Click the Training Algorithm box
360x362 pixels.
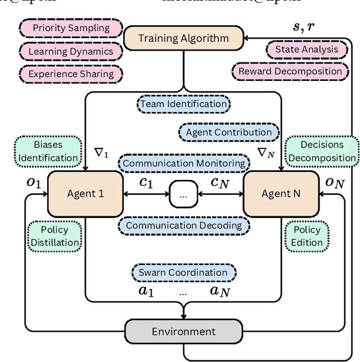(x=183, y=39)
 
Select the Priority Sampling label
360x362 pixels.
(x=70, y=28)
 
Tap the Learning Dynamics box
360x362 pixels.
(x=70, y=51)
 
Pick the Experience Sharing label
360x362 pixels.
(x=70, y=74)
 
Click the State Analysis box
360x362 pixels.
(x=307, y=49)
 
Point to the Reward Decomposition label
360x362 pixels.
(x=290, y=71)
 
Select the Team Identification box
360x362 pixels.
(x=183, y=104)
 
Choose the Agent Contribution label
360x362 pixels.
(x=228, y=132)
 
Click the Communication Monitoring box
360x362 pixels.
(x=184, y=164)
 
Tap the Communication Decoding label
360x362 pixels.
(x=184, y=225)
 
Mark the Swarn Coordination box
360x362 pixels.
(x=183, y=273)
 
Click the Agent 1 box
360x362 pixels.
(x=85, y=194)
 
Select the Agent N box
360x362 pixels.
(x=281, y=194)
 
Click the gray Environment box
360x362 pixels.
(x=183, y=331)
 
